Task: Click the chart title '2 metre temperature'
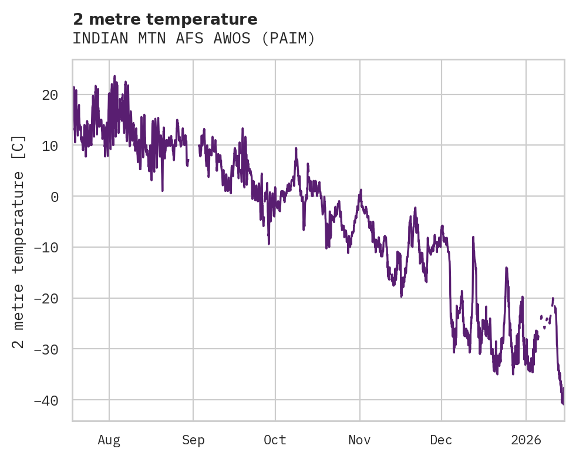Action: [164, 19]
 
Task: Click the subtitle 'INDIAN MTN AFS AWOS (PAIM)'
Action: [194, 39]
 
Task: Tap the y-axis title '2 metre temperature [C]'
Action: [19, 241]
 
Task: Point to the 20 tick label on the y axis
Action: [50, 95]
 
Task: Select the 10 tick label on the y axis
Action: [50, 146]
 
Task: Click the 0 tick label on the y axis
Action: [54, 197]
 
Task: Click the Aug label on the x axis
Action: [109, 440]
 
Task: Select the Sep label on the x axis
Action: [193, 440]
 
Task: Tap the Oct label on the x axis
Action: [275, 440]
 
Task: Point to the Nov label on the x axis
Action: [359, 440]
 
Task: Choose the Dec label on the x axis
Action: [441, 440]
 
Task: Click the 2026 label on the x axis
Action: [526, 440]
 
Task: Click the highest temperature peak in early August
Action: [114, 76]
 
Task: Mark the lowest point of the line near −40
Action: [562, 404]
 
